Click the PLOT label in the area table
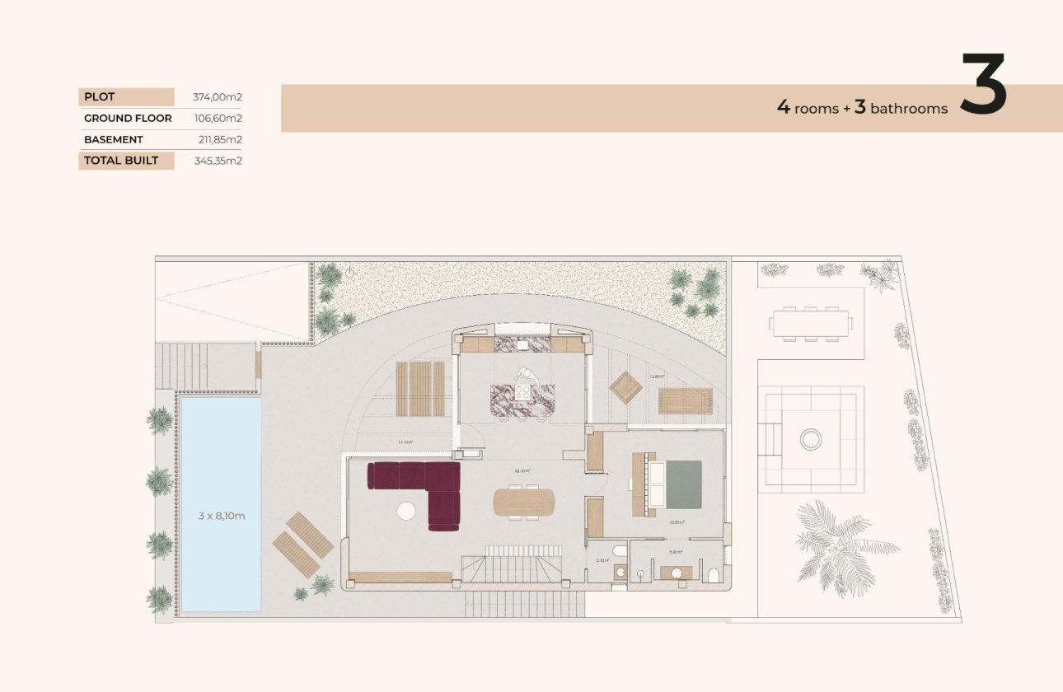100,97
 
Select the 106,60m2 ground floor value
218,119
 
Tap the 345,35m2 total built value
218,161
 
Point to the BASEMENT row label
114,140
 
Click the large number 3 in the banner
984,85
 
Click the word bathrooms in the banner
909,109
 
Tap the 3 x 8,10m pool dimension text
222,516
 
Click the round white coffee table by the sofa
406,511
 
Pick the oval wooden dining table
524,502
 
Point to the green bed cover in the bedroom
683,484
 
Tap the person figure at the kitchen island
524,377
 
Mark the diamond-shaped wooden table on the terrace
625,387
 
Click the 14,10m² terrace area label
405,442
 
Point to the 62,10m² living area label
522,471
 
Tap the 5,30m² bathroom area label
675,552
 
